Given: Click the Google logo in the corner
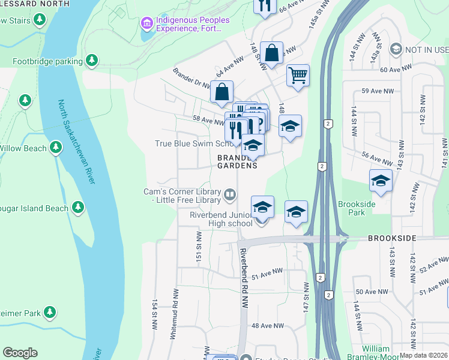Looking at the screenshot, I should (x=20, y=353).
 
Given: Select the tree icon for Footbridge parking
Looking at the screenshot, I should (x=91, y=60).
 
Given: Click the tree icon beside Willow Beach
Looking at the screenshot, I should (x=56, y=147).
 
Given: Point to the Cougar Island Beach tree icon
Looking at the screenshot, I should (x=77, y=208).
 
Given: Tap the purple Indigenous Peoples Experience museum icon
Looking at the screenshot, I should (x=146, y=23).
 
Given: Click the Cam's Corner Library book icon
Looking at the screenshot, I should (x=229, y=194).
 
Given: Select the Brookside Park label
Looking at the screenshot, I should (x=357, y=208).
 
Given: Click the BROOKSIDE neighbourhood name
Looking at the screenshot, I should (x=392, y=238).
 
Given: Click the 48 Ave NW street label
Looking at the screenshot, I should (x=267, y=326).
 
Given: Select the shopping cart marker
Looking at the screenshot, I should (x=298, y=76).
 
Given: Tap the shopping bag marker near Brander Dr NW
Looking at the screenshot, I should (x=221, y=92).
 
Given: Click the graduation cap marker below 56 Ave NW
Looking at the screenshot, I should (x=381, y=181).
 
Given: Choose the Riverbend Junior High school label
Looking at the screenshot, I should (x=221, y=219).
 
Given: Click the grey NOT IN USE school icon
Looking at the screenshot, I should (x=396, y=48).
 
